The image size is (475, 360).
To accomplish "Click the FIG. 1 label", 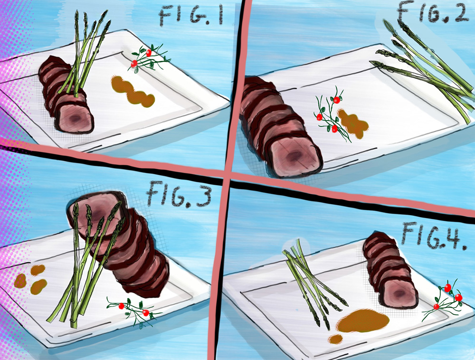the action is click(x=191, y=17).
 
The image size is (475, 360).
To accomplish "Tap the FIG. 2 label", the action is click(x=433, y=12).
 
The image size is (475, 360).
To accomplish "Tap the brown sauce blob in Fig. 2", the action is click(x=353, y=124).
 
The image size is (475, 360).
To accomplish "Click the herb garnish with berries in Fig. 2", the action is click(x=331, y=115).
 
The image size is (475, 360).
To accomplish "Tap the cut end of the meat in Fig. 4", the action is click(x=399, y=292).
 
